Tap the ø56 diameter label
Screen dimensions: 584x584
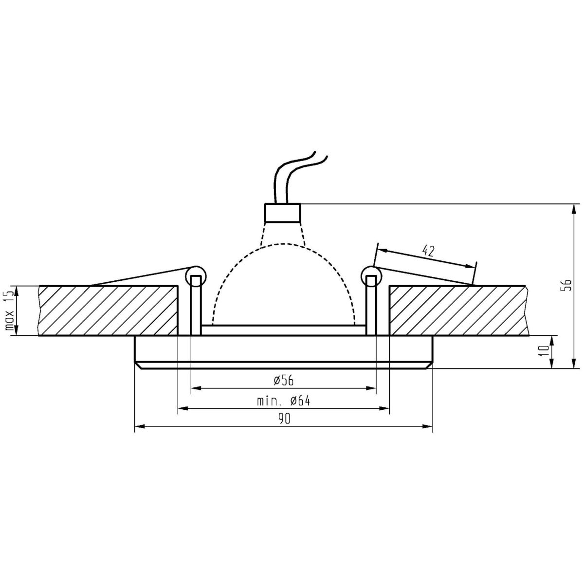point(283,381)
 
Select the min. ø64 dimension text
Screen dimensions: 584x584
point(283,401)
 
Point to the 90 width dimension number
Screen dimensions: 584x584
point(283,419)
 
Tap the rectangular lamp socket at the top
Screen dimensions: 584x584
point(282,213)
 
